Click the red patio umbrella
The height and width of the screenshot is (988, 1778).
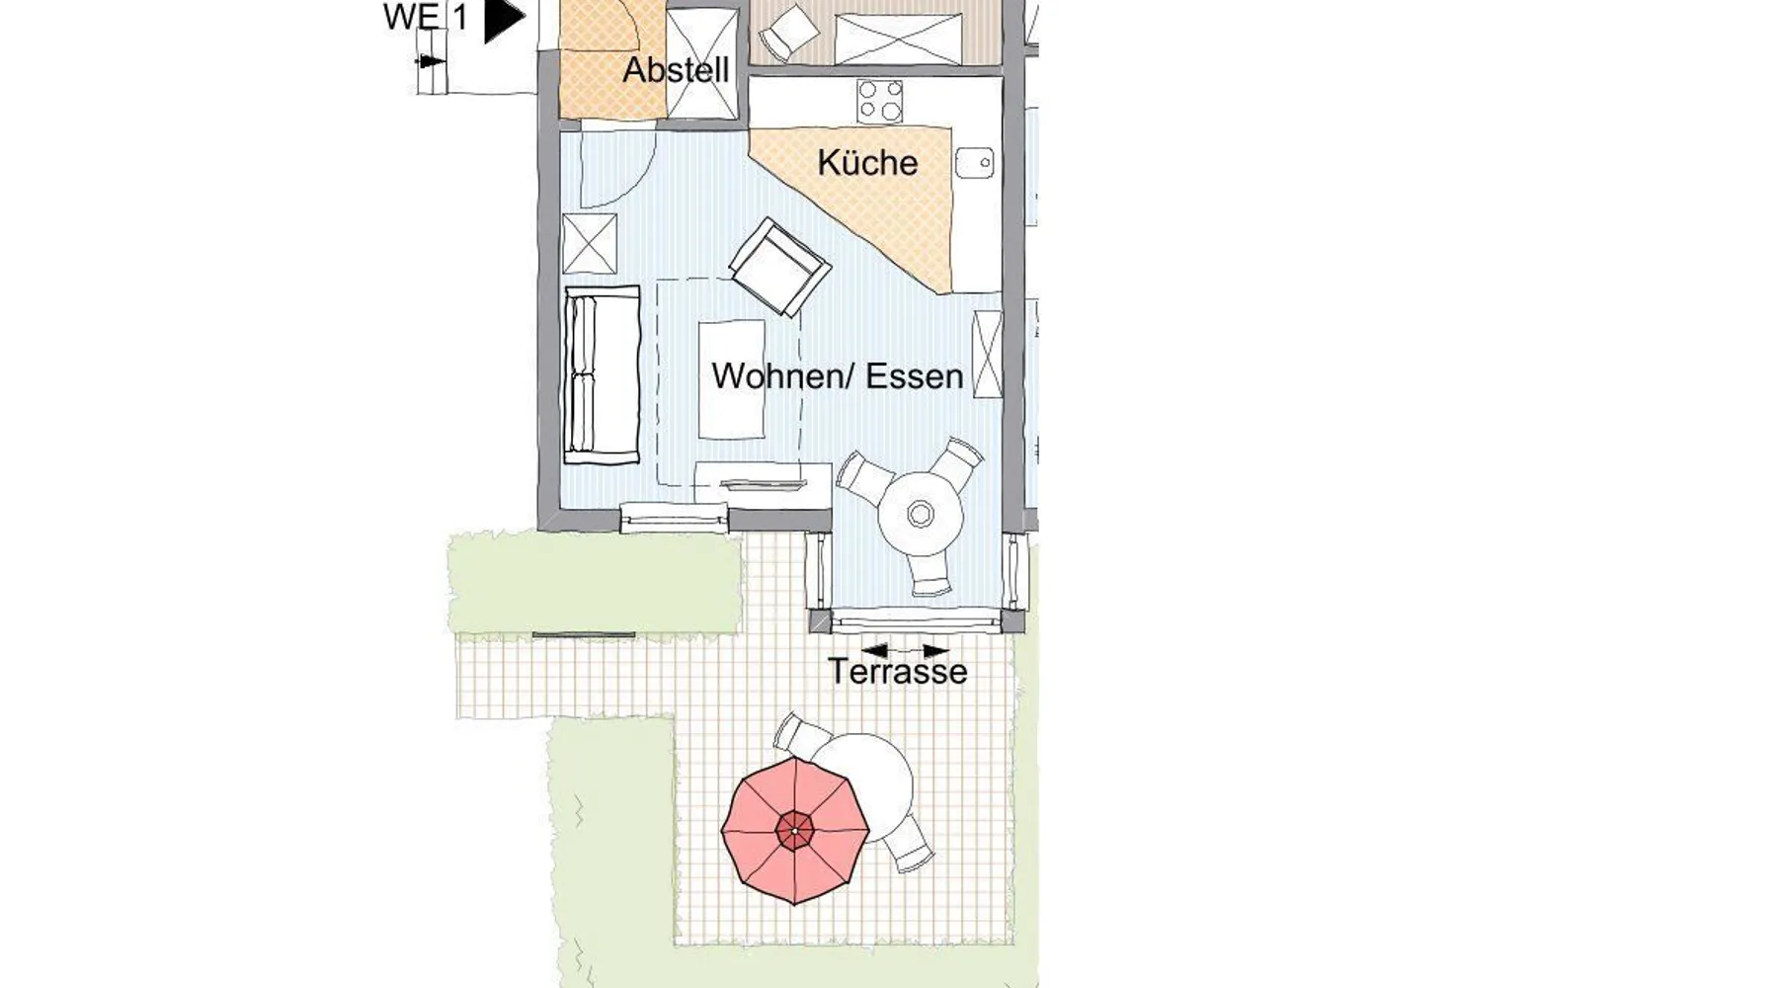[795, 831]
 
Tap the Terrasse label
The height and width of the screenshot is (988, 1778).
[898, 672]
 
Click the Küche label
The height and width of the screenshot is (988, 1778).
[867, 163]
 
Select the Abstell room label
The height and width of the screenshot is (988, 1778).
[676, 70]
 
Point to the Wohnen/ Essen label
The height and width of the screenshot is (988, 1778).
[837, 376]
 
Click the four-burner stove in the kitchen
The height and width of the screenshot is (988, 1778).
[879, 101]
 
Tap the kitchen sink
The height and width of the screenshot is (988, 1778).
[974, 163]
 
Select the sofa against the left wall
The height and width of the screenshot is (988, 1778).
[602, 374]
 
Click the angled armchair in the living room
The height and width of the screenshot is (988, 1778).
[778, 267]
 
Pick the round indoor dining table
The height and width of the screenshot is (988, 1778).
[920, 514]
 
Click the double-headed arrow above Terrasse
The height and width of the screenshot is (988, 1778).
[905, 651]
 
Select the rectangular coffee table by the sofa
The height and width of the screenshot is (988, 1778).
[732, 379]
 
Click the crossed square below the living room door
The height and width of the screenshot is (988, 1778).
[590, 243]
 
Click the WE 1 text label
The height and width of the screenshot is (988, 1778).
[426, 17]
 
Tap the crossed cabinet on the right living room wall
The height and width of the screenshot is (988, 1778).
[987, 355]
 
